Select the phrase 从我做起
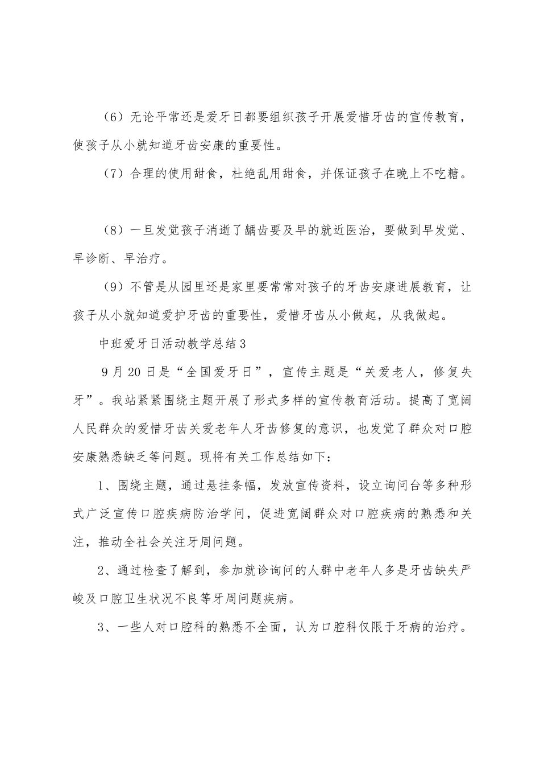pyautogui.click(x=423, y=316)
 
